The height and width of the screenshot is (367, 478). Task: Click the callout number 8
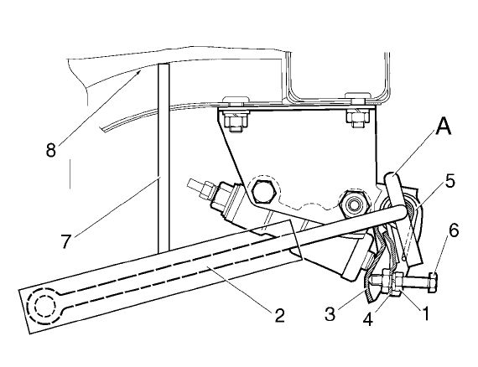[51, 150]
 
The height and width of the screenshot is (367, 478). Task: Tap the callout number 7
[66, 241]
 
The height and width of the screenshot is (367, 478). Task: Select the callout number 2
[279, 316]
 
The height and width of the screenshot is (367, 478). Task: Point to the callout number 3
[330, 313]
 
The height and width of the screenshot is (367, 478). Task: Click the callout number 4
[369, 319]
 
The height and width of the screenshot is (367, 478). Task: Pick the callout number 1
[424, 313]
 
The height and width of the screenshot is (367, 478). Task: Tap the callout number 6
[454, 231]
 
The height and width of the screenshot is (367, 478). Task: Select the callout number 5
[450, 181]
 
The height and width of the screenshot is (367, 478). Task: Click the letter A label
[443, 127]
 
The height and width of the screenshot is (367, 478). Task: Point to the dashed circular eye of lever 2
[42, 304]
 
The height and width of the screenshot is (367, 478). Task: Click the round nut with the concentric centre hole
[354, 204]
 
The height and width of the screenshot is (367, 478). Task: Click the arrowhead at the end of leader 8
[139, 72]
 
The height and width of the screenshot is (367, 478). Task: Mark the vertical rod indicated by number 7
[164, 158]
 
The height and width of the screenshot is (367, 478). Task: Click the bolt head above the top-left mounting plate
[236, 101]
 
